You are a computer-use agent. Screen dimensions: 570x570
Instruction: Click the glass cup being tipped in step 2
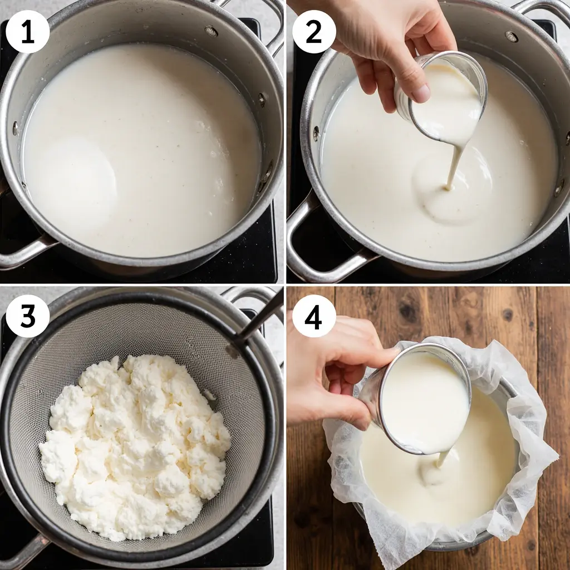pos(445,97)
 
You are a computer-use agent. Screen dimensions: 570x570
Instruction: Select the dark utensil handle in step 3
pos(262,320)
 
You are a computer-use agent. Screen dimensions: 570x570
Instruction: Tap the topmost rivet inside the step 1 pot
pos(211,31)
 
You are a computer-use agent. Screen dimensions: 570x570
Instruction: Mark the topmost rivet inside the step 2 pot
pos(511,36)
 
